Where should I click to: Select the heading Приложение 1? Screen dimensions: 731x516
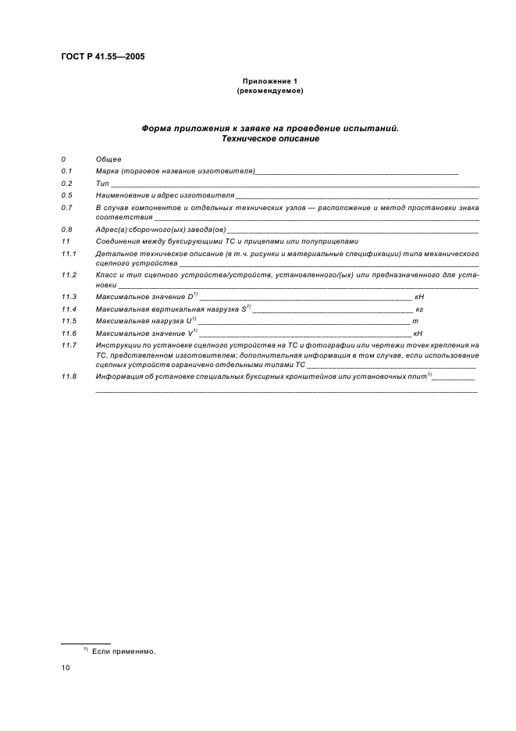[269, 81]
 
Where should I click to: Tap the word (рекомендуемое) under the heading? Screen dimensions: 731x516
[269, 91]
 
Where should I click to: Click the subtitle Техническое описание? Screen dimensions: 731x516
[270, 138]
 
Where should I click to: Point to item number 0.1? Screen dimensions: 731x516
[66, 170]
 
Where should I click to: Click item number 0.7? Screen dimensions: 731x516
[66, 207]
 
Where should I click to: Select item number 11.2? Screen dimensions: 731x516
[68, 275]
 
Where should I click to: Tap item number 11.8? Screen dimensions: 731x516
[68, 376]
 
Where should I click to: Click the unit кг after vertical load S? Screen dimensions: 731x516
[418, 309]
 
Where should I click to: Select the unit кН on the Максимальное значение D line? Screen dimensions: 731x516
[418, 298]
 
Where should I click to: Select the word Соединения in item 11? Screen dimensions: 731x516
[119, 241]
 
